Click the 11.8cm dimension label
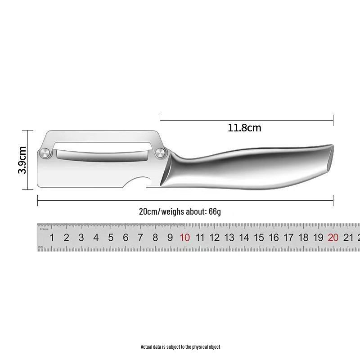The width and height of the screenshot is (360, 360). (x=244, y=128)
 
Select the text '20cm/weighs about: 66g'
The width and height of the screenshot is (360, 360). (x=180, y=211)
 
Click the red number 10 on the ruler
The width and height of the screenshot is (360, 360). (x=184, y=238)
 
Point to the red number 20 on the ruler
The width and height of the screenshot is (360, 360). (x=333, y=238)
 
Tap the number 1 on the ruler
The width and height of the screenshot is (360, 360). (x=52, y=238)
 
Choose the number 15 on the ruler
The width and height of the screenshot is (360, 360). (x=259, y=238)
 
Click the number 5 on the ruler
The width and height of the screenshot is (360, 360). (x=111, y=238)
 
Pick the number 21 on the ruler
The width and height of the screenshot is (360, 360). (x=348, y=238)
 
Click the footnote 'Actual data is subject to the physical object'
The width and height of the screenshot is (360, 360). (x=180, y=347)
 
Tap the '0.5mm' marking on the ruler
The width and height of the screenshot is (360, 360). (x=44, y=229)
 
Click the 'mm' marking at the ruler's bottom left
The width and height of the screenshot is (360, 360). (x=40, y=247)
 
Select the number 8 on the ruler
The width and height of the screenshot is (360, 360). (x=155, y=238)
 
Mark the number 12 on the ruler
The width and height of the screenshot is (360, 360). (x=215, y=238)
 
